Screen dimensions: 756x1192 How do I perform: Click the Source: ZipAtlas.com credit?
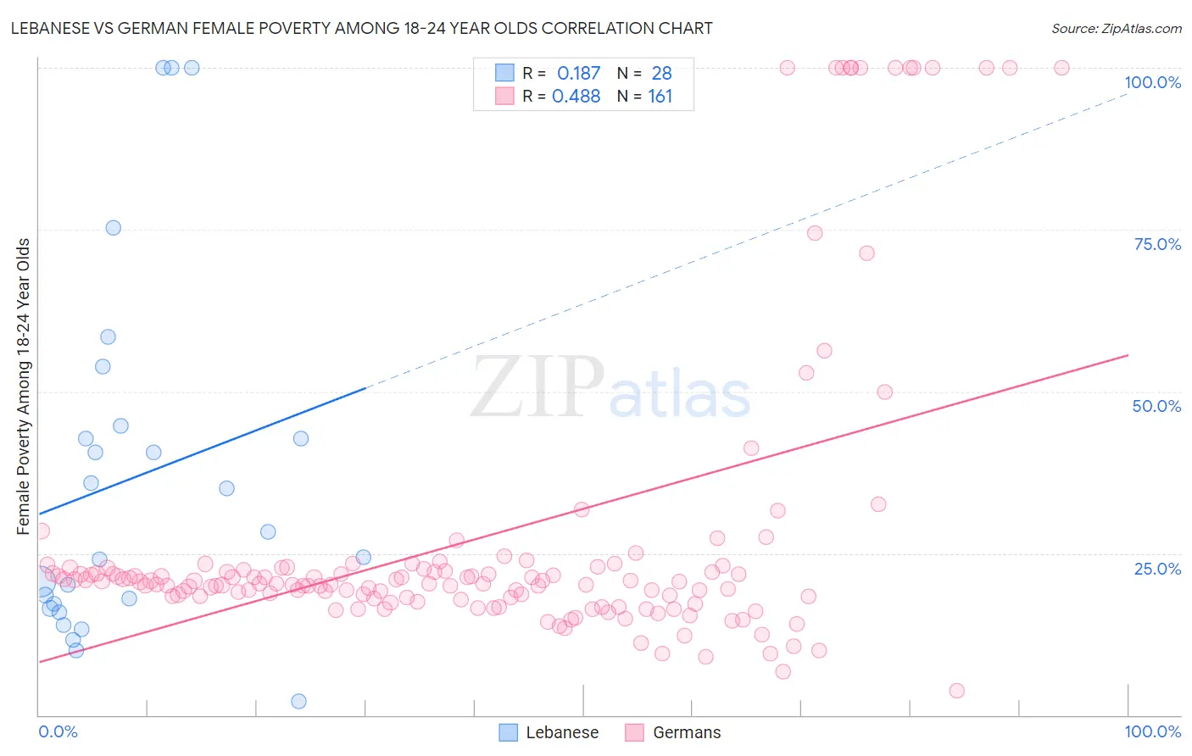point(1116,28)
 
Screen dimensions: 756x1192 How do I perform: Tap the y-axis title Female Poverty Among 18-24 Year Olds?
point(23,386)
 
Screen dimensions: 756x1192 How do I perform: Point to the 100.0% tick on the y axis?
point(1152,82)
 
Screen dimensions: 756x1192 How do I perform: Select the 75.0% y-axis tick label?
point(1157,244)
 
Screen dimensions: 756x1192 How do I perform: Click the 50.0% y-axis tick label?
point(1156,406)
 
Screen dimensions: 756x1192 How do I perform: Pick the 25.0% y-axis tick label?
point(1157,569)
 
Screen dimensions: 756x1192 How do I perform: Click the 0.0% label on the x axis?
point(58,731)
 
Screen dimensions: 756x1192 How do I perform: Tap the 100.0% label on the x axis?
point(1152,731)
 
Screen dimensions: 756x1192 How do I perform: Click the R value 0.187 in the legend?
point(578,74)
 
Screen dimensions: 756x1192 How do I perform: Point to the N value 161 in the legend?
point(660,97)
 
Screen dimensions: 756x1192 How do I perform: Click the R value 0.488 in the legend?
point(577,97)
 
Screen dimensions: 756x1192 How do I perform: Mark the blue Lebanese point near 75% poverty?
point(113,228)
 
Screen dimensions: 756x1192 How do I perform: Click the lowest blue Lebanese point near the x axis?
point(298,701)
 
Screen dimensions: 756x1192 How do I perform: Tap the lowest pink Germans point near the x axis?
point(956,691)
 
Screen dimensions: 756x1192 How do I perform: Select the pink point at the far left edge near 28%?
point(41,531)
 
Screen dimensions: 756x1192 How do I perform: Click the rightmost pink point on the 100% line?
point(1061,68)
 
